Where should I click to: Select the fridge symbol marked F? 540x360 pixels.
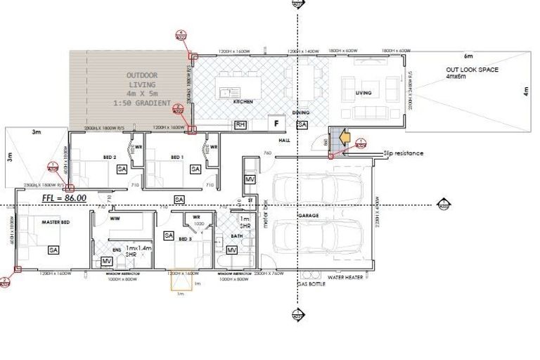pyautogui.click(x=276, y=124)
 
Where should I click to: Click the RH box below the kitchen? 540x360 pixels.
pyautogui.click(x=240, y=124)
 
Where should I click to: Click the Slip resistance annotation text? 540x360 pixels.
pyautogui.click(x=404, y=153)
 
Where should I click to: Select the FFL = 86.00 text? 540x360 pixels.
pyautogui.click(x=65, y=198)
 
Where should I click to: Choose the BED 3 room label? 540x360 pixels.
pyautogui.click(x=185, y=239)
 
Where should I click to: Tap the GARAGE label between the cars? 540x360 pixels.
pyautogui.click(x=308, y=215)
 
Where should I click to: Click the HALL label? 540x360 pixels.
pyautogui.click(x=284, y=141)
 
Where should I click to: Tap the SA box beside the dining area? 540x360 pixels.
pyautogui.click(x=302, y=124)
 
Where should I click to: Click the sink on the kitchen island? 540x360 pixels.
pyautogui.click(x=226, y=91)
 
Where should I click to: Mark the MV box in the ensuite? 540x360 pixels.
pyautogui.click(x=107, y=262)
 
